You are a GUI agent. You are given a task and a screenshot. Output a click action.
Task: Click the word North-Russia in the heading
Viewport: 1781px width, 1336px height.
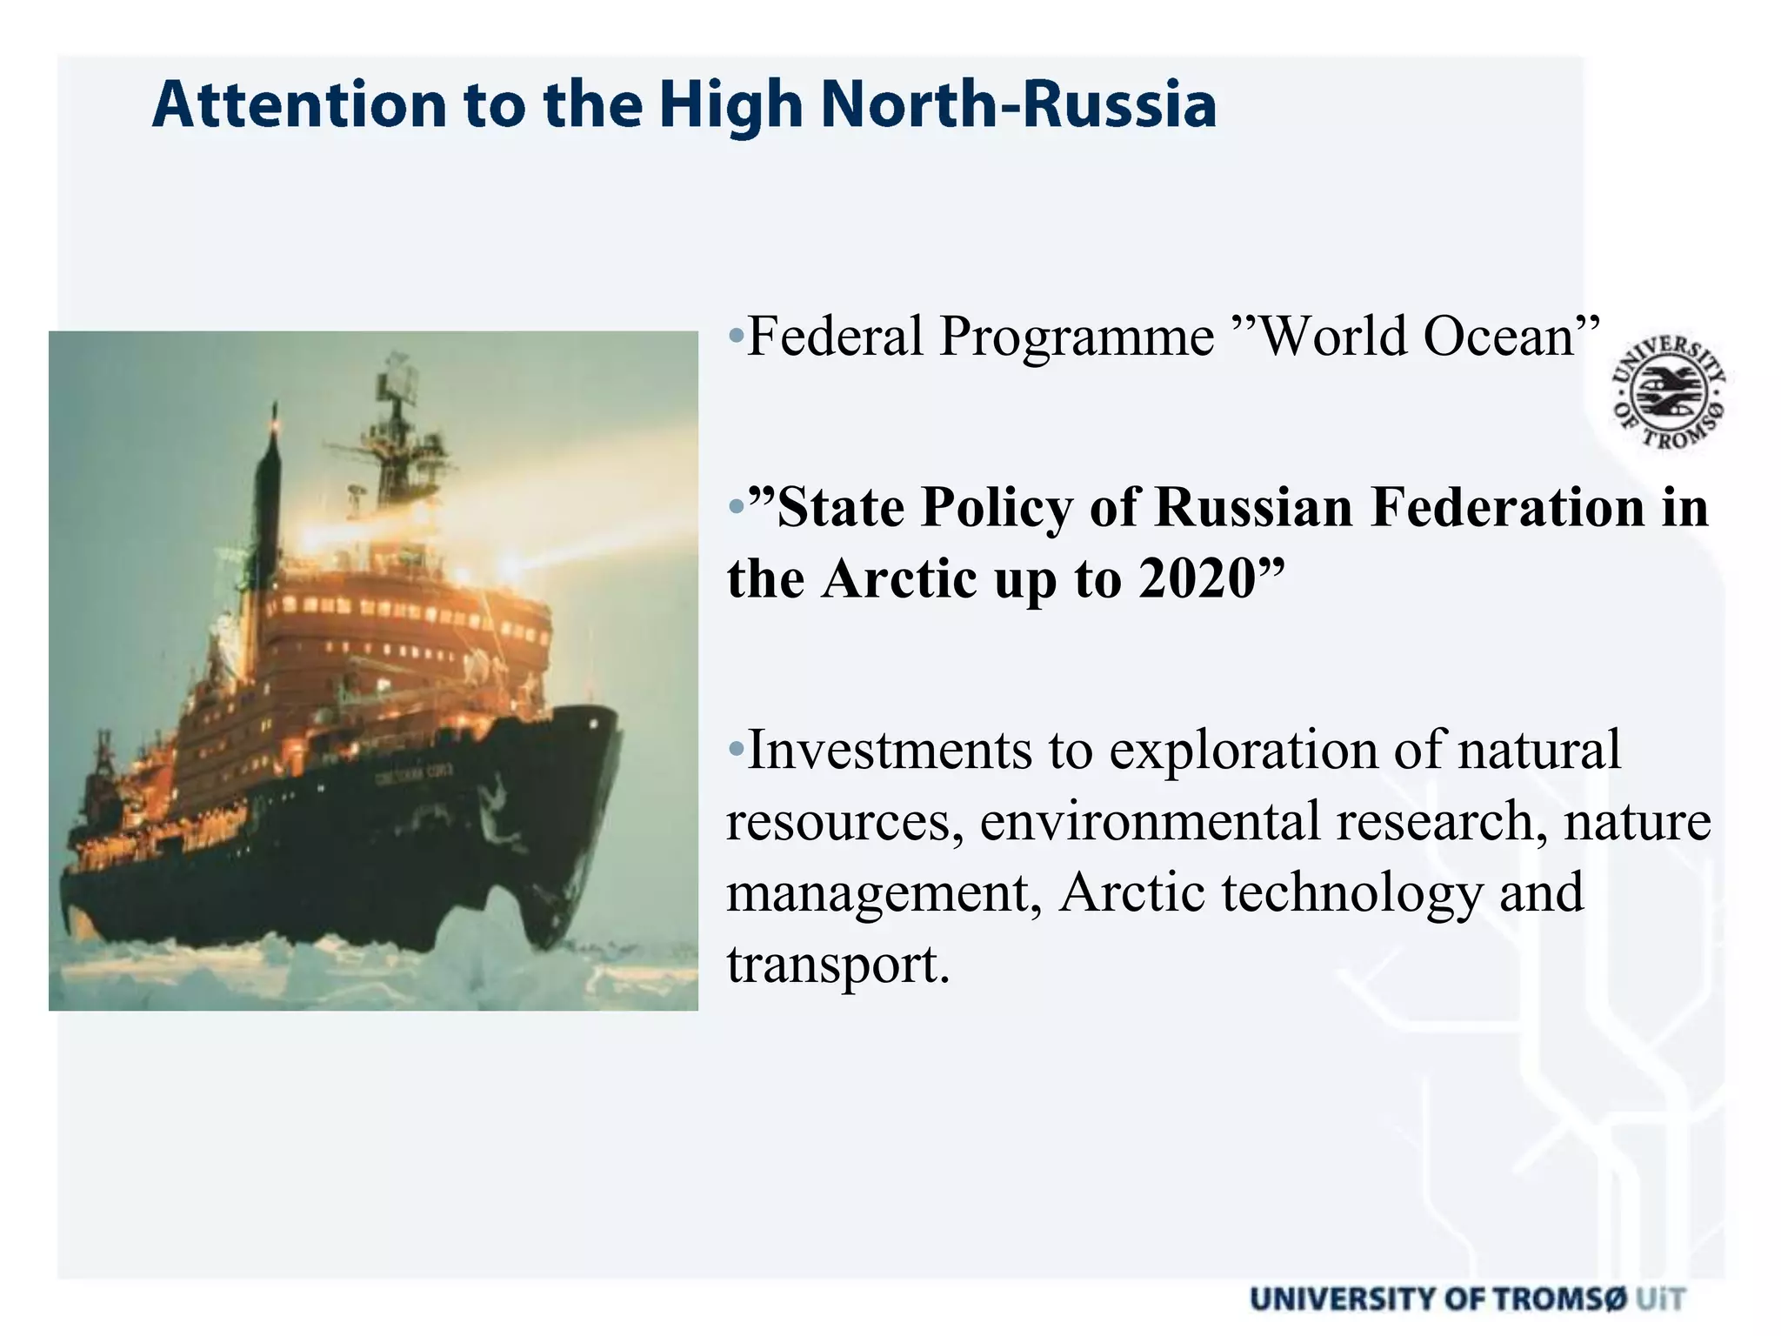click(x=1017, y=105)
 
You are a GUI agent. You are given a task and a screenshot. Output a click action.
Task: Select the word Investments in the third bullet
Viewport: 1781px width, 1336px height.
click(x=889, y=750)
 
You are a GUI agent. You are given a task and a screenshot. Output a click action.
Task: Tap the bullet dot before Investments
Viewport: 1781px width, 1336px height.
click(x=736, y=748)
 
